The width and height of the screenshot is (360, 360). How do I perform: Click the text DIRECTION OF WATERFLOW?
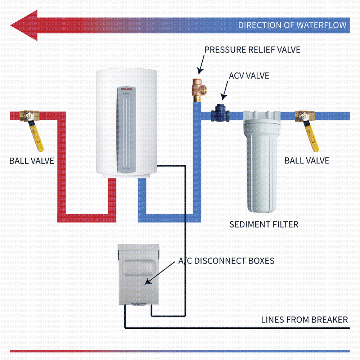point(292,25)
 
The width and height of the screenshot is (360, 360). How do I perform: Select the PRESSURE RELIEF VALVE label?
point(252,49)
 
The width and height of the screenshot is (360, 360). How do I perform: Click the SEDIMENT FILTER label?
point(264,224)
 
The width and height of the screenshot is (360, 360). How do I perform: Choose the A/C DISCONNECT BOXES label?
point(226,260)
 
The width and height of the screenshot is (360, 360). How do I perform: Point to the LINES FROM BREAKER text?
point(304,319)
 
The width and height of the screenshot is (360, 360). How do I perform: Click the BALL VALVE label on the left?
point(32,160)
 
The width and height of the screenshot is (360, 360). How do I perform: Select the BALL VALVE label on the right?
point(307,160)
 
